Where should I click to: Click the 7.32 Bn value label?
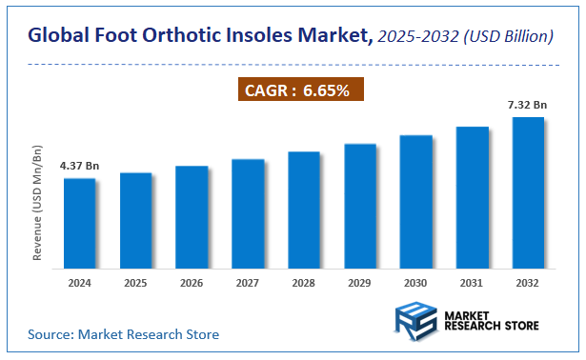526,104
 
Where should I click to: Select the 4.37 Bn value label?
79,165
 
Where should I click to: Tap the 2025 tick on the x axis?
135,283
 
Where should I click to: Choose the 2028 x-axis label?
304,283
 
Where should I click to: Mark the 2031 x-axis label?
472,283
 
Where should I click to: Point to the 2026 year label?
192,283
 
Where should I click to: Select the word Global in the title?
60,37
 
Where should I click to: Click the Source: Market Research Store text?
123,334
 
